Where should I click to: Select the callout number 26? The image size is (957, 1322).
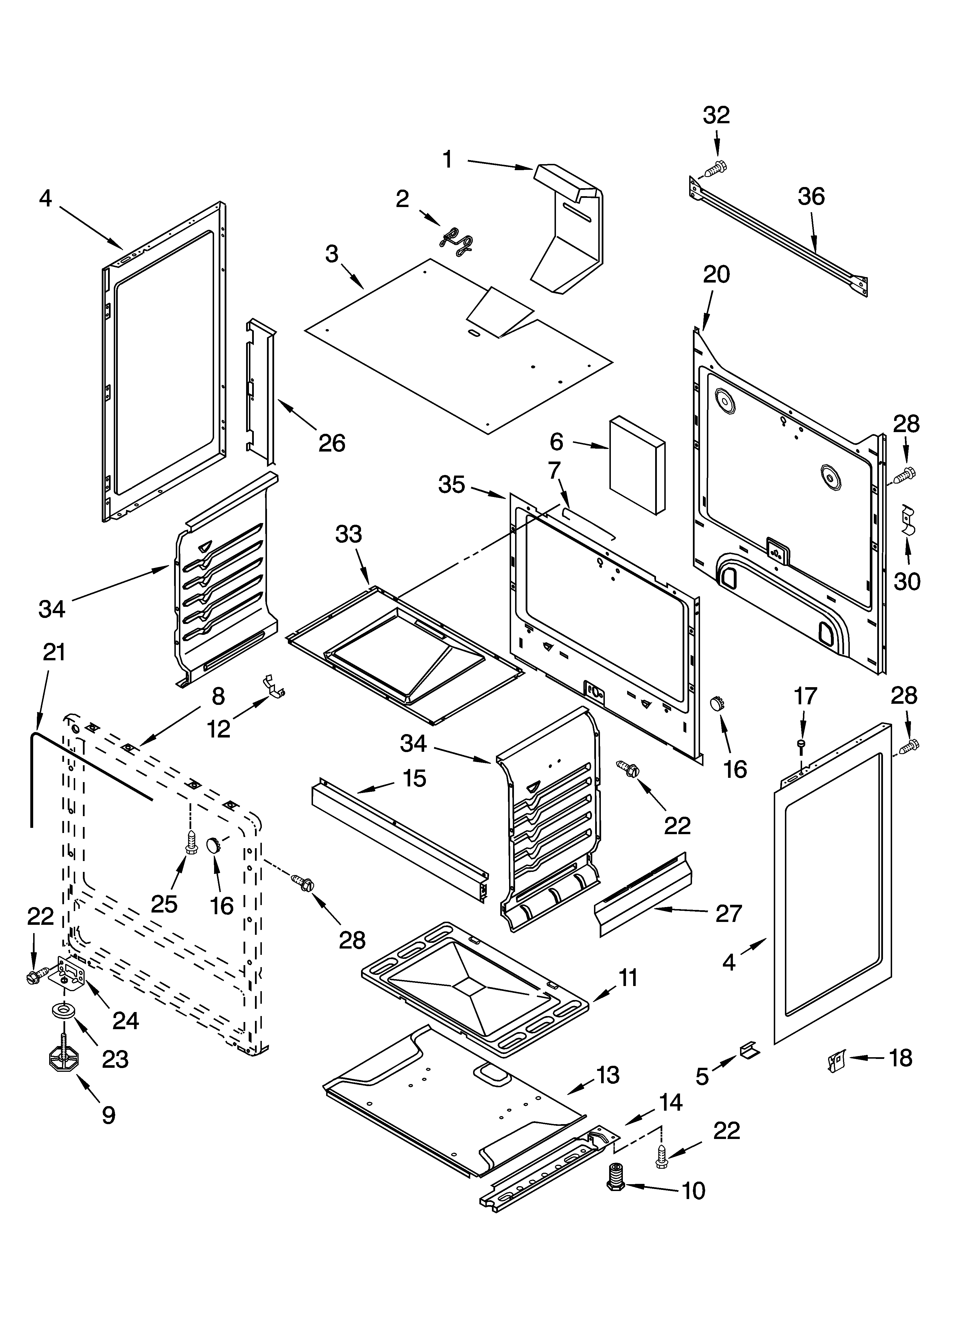click(332, 443)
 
